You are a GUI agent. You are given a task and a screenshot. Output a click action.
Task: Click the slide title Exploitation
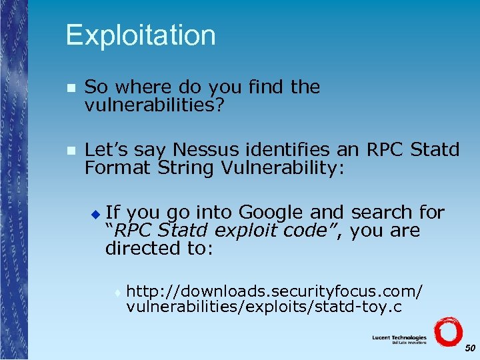tap(141, 35)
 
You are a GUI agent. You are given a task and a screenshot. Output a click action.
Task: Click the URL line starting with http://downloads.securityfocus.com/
tap(274, 291)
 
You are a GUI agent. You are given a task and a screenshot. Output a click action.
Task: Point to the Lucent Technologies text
tap(399, 338)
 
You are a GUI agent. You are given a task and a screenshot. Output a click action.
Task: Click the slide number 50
tap(469, 348)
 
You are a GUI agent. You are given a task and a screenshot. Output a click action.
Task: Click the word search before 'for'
tap(374, 213)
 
